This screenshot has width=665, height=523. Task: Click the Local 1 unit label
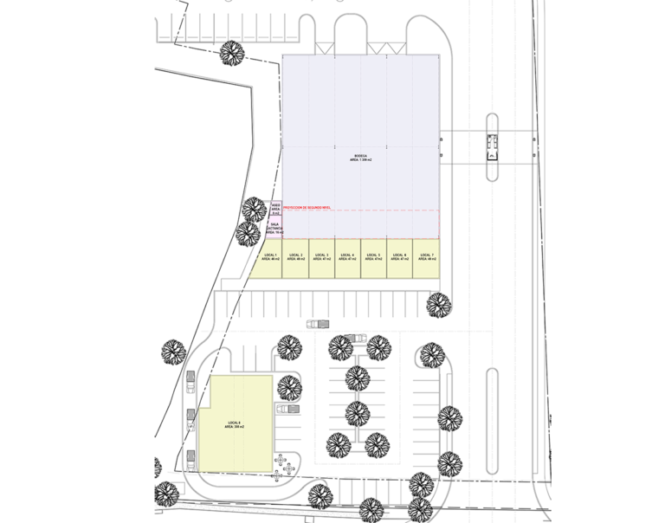[269, 257]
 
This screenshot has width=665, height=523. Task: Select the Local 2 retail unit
[295, 258]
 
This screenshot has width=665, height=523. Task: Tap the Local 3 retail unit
[321, 258]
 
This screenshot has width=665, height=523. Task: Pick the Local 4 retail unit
[347, 258]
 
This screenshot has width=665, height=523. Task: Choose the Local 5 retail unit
[373, 258]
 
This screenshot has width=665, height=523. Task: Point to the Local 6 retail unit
[399, 258]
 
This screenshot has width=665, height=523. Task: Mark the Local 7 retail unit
[426, 258]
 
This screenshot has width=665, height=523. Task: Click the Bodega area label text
[362, 158]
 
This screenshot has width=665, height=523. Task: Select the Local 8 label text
[234, 424]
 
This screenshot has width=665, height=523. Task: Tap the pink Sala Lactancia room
[274, 229]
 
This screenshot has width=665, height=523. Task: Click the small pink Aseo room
[275, 208]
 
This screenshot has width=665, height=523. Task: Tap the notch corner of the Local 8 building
[210, 407]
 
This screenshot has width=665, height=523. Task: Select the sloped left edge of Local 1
[256, 259]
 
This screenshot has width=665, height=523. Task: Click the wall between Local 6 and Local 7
[412, 258]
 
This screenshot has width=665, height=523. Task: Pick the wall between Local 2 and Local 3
[308, 258]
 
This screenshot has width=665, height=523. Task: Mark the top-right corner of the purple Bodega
[438, 55]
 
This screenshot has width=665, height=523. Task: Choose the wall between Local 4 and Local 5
[360, 258]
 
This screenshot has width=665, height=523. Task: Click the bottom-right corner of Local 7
[440, 278]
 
